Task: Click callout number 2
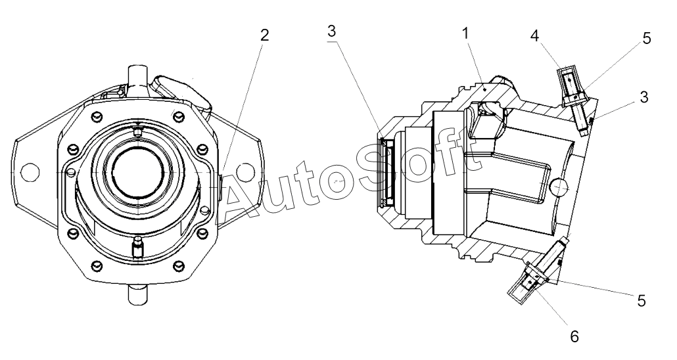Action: [264, 35]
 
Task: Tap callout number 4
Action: [535, 35]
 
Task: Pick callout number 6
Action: [574, 336]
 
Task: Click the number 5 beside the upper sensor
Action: [647, 39]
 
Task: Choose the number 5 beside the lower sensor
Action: [641, 301]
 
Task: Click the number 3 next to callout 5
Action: [644, 97]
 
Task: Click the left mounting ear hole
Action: [27, 171]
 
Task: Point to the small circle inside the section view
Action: [559, 188]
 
